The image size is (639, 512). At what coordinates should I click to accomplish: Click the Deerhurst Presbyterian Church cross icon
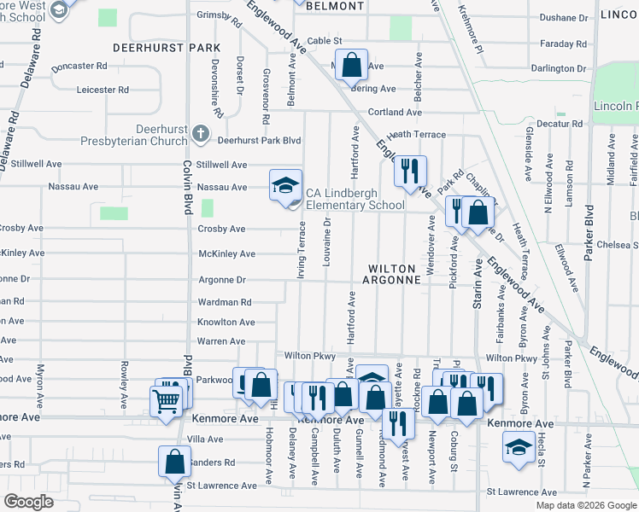pos(200,133)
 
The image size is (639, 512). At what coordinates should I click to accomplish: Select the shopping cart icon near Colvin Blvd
pos(166,400)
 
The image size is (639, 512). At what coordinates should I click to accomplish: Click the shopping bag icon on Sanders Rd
pos(174,461)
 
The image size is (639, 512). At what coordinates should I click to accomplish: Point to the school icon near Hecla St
pos(518,447)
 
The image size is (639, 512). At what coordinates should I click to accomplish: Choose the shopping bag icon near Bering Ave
pos(351,63)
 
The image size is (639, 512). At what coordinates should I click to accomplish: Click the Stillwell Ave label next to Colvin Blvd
pos(221,165)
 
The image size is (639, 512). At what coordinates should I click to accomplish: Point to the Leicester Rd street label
pos(103,89)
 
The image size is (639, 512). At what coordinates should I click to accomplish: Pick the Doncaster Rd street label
pos(79,66)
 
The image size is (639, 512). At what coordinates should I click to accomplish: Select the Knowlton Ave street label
pos(226,322)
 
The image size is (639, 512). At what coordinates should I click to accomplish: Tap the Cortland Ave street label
pos(395,112)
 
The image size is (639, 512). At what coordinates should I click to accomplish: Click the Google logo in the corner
pos(29,502)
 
